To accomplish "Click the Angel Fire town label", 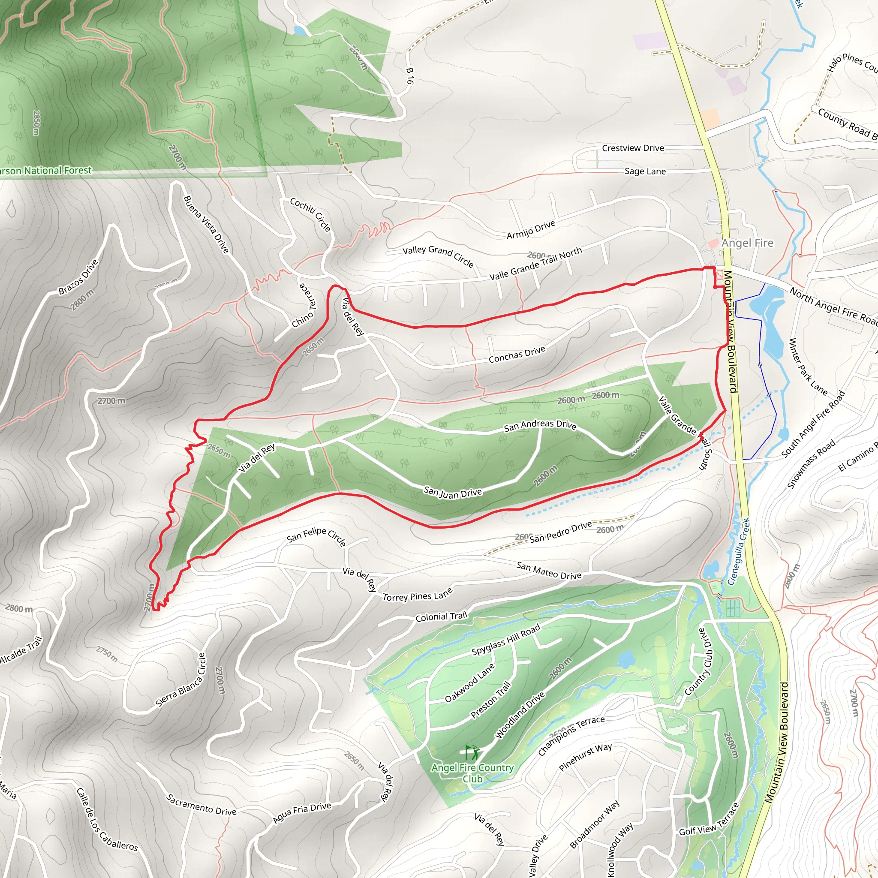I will click(747, 243).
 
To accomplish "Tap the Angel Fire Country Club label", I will click(472, 773).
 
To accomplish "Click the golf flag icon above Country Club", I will click(472, 752).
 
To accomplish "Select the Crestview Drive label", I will click(633, 148).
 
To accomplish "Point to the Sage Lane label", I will click(645, 171).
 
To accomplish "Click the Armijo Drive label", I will click(531, 229).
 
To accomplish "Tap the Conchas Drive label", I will click(517, 355).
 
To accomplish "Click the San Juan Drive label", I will click(453, 492).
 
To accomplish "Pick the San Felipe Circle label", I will click(316, 536).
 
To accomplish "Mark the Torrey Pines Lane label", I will click(418, 595).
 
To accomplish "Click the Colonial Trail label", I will click(441, 616).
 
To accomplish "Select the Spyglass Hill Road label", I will click(506, 640).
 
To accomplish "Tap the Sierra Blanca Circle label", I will click(181, 680).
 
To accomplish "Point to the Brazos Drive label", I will click(78, 277).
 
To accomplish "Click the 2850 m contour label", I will click(36, 123).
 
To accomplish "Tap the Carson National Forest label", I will click(45, 171).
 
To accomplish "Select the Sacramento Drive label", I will click(201, 805).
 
